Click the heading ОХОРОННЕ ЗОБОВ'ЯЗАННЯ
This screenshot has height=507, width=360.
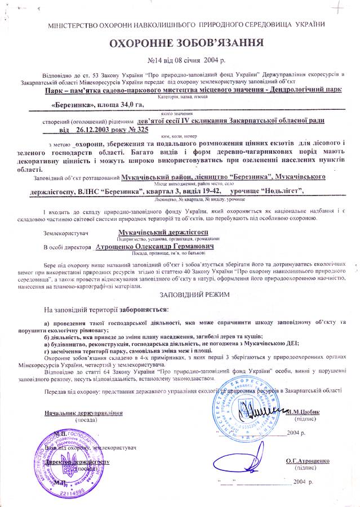click(179, 43)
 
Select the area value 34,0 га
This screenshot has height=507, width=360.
click(127, 104)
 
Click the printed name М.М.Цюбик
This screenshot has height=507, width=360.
click(303, 412)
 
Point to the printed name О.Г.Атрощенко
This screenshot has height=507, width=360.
click(308, 461)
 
